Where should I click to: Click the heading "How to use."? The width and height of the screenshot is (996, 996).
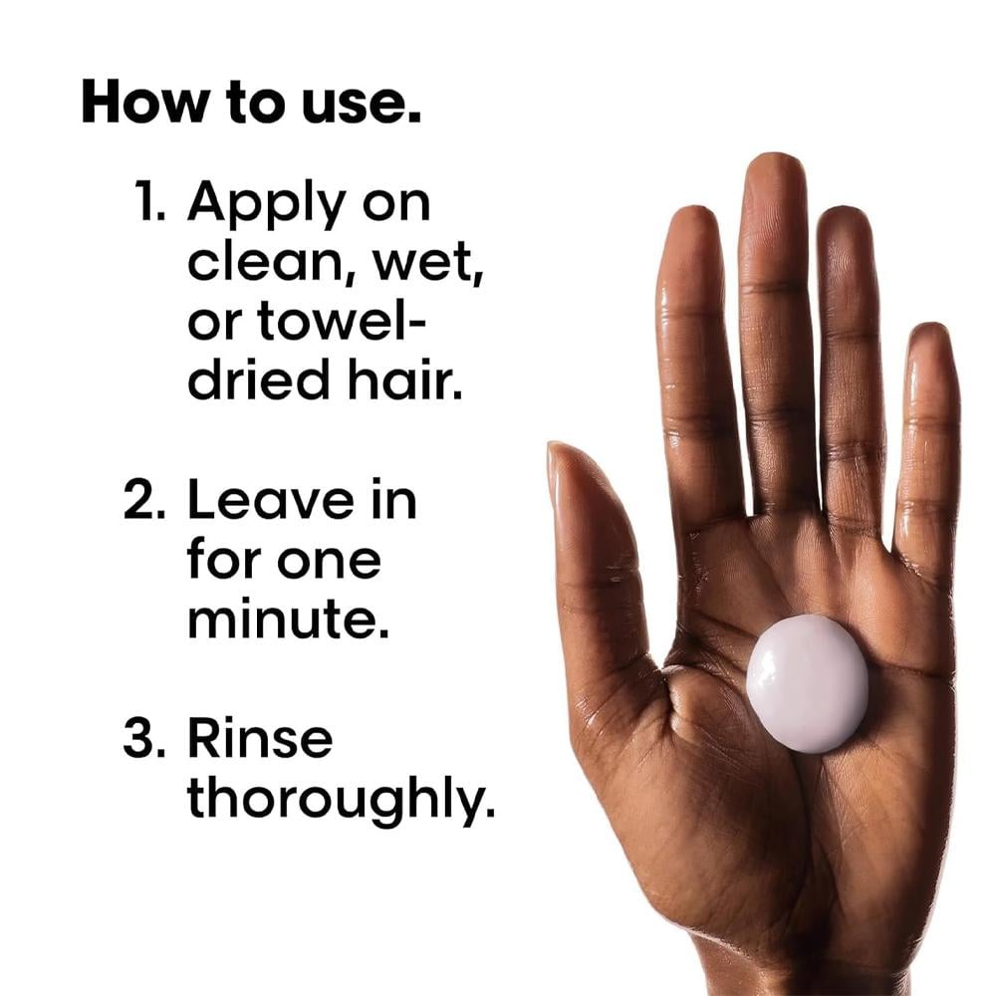tap(251, 102)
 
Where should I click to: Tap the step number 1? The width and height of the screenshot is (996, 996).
tap(150, 201)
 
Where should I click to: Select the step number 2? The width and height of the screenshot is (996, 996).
tap(144, 499)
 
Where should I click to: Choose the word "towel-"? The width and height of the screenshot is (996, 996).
tap(341, 321)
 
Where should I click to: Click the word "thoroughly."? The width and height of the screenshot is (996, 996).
tap(341, 799)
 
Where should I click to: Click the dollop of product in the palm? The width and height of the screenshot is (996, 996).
tap(807, 683)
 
